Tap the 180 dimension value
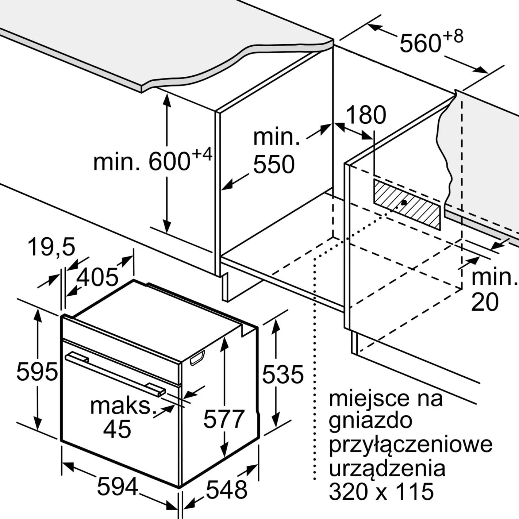[366, 115]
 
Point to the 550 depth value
[274, 164]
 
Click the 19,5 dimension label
[52, 247]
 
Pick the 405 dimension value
[97, 277]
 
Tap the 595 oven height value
[37, 372]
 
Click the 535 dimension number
[283, 374]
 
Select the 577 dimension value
[224, 419]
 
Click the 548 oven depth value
[227, 489]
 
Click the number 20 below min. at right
[485, 302]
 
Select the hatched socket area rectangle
[407, 205]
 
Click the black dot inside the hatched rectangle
[404, 202]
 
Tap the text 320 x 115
[381, 491]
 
